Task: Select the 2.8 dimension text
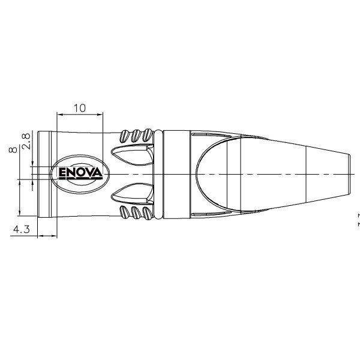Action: [x=25, y=142]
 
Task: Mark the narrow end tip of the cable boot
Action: [x=349, y=174]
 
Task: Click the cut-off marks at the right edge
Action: [x=358, y=218]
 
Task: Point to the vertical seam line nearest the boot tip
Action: [x=307, y=174]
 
